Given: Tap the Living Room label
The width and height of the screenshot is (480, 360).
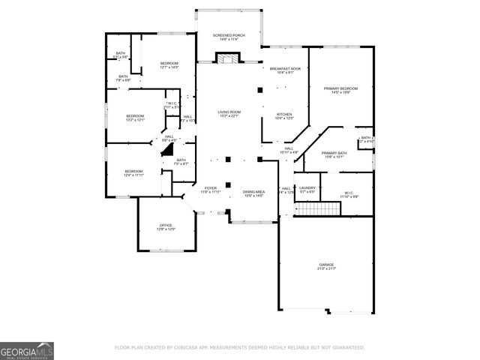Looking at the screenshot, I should point(228,113).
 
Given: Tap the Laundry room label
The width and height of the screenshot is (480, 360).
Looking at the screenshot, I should point(307,190).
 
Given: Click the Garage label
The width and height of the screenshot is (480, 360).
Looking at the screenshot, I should point(325,266).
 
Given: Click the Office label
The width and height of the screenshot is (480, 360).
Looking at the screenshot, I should point(166,227).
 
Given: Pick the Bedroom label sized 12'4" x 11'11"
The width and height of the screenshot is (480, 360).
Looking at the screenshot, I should point(133,173).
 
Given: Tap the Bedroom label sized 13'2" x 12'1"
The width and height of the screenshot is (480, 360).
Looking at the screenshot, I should point(135,118).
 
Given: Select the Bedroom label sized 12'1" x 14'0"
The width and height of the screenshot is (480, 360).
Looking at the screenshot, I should point(169,65).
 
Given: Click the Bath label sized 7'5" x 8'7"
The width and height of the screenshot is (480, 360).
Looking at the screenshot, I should point(181,161).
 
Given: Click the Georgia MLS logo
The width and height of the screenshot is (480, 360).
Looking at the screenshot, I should point(27,350).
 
